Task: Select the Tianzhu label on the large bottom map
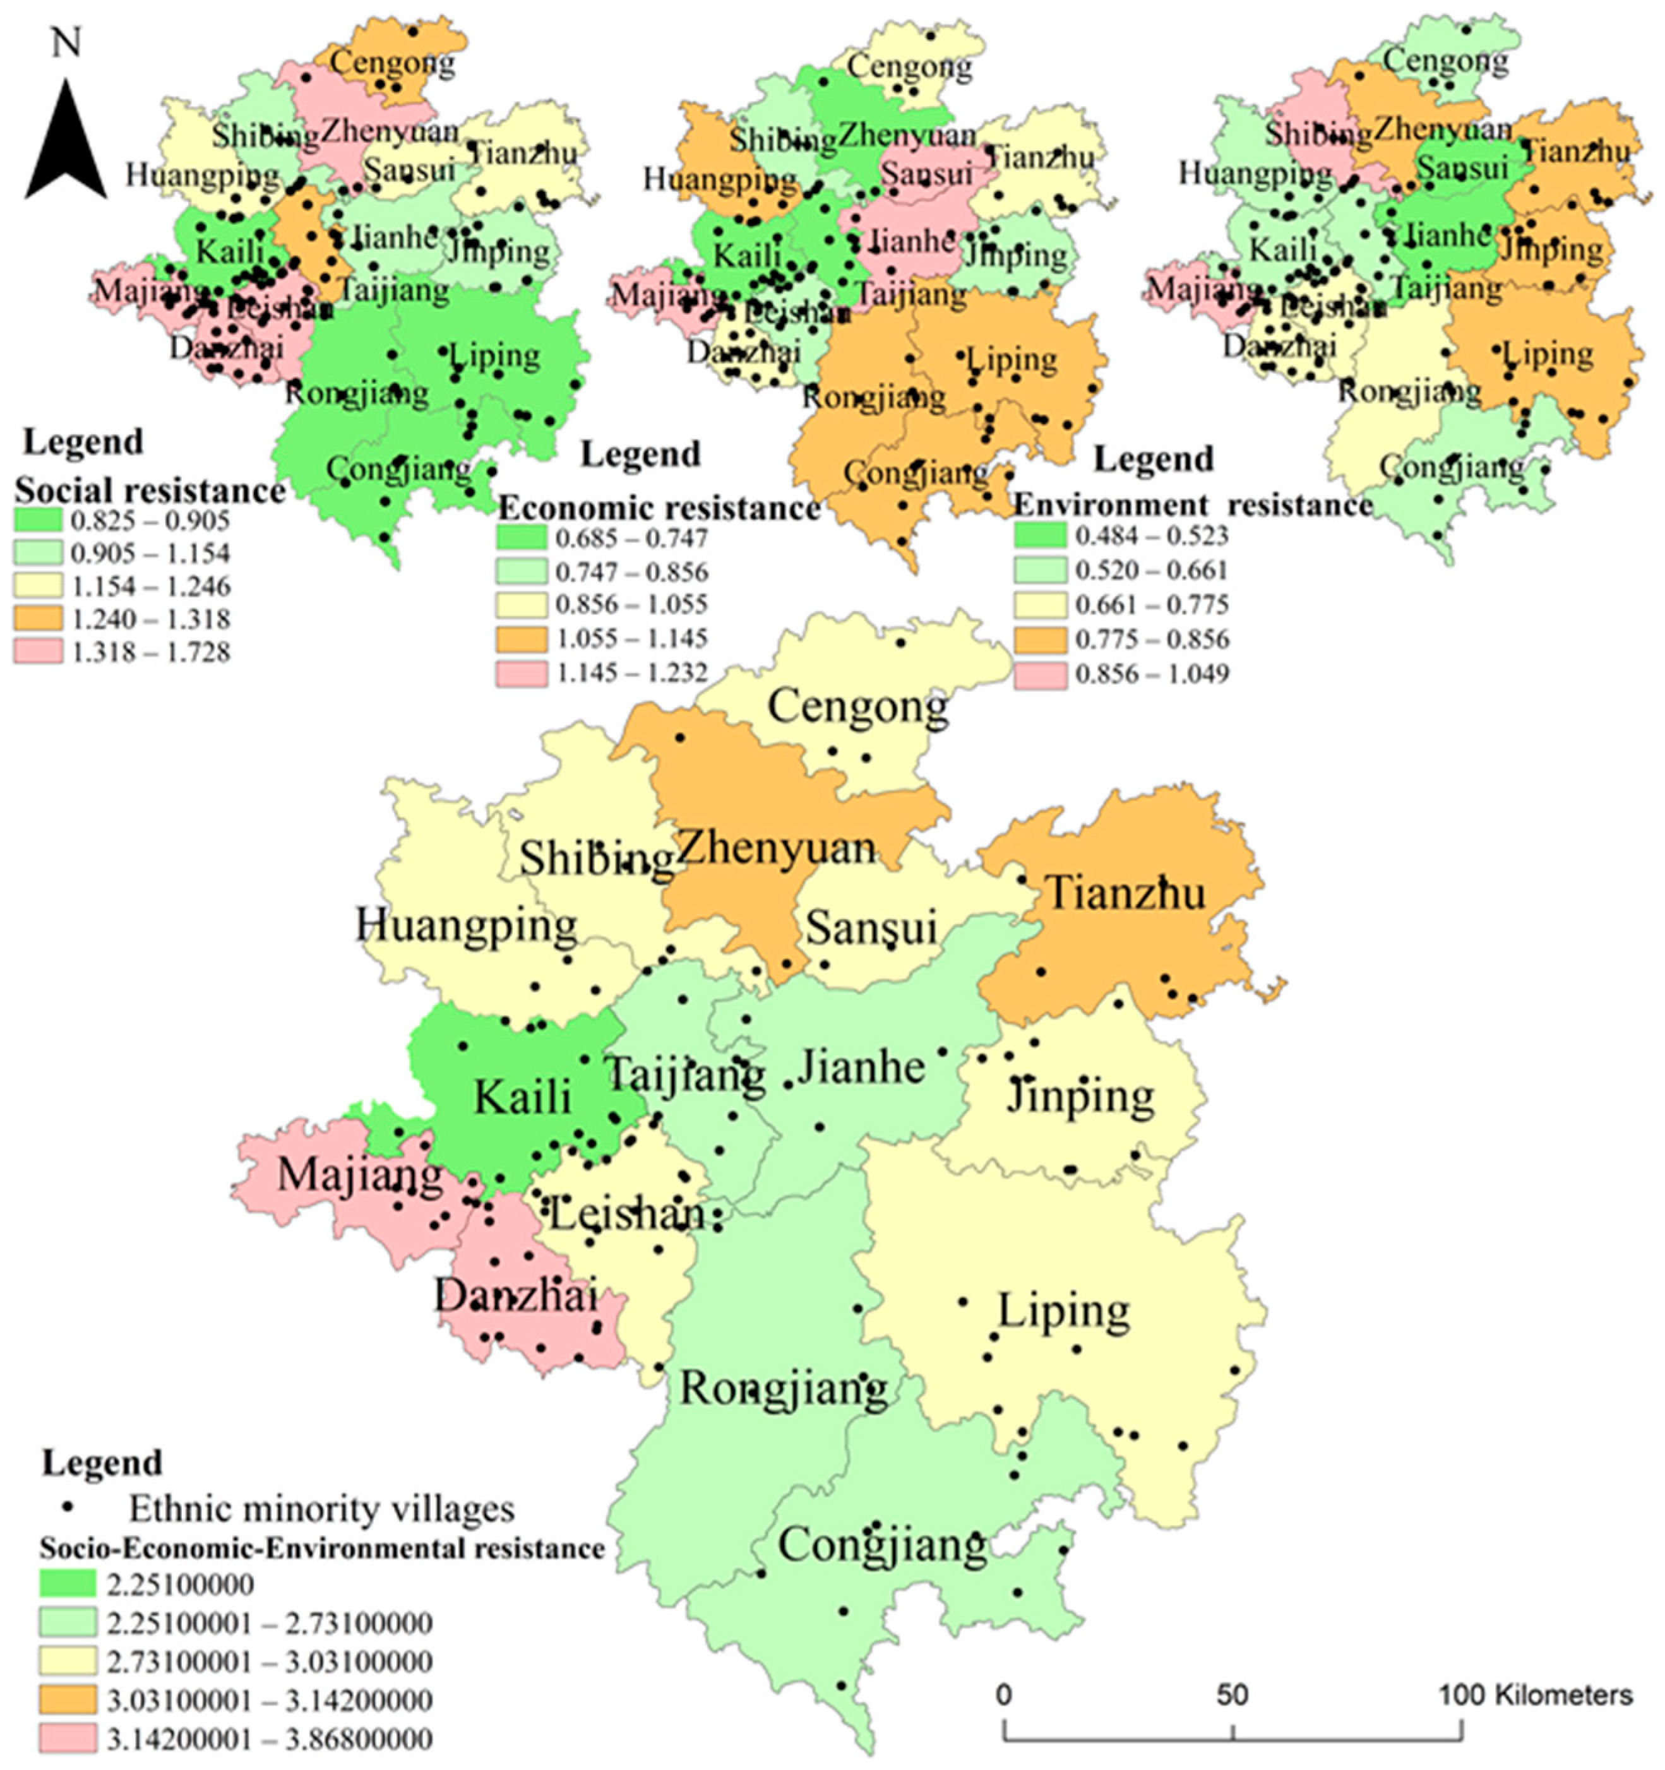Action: (x=1125, y=893)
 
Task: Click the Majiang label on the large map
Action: (x=360, y=1175)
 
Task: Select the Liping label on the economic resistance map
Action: (x=1012, y=360)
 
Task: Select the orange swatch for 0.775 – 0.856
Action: (x=1040, y=639)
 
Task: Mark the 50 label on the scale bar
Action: (x=1232, y=1694)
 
